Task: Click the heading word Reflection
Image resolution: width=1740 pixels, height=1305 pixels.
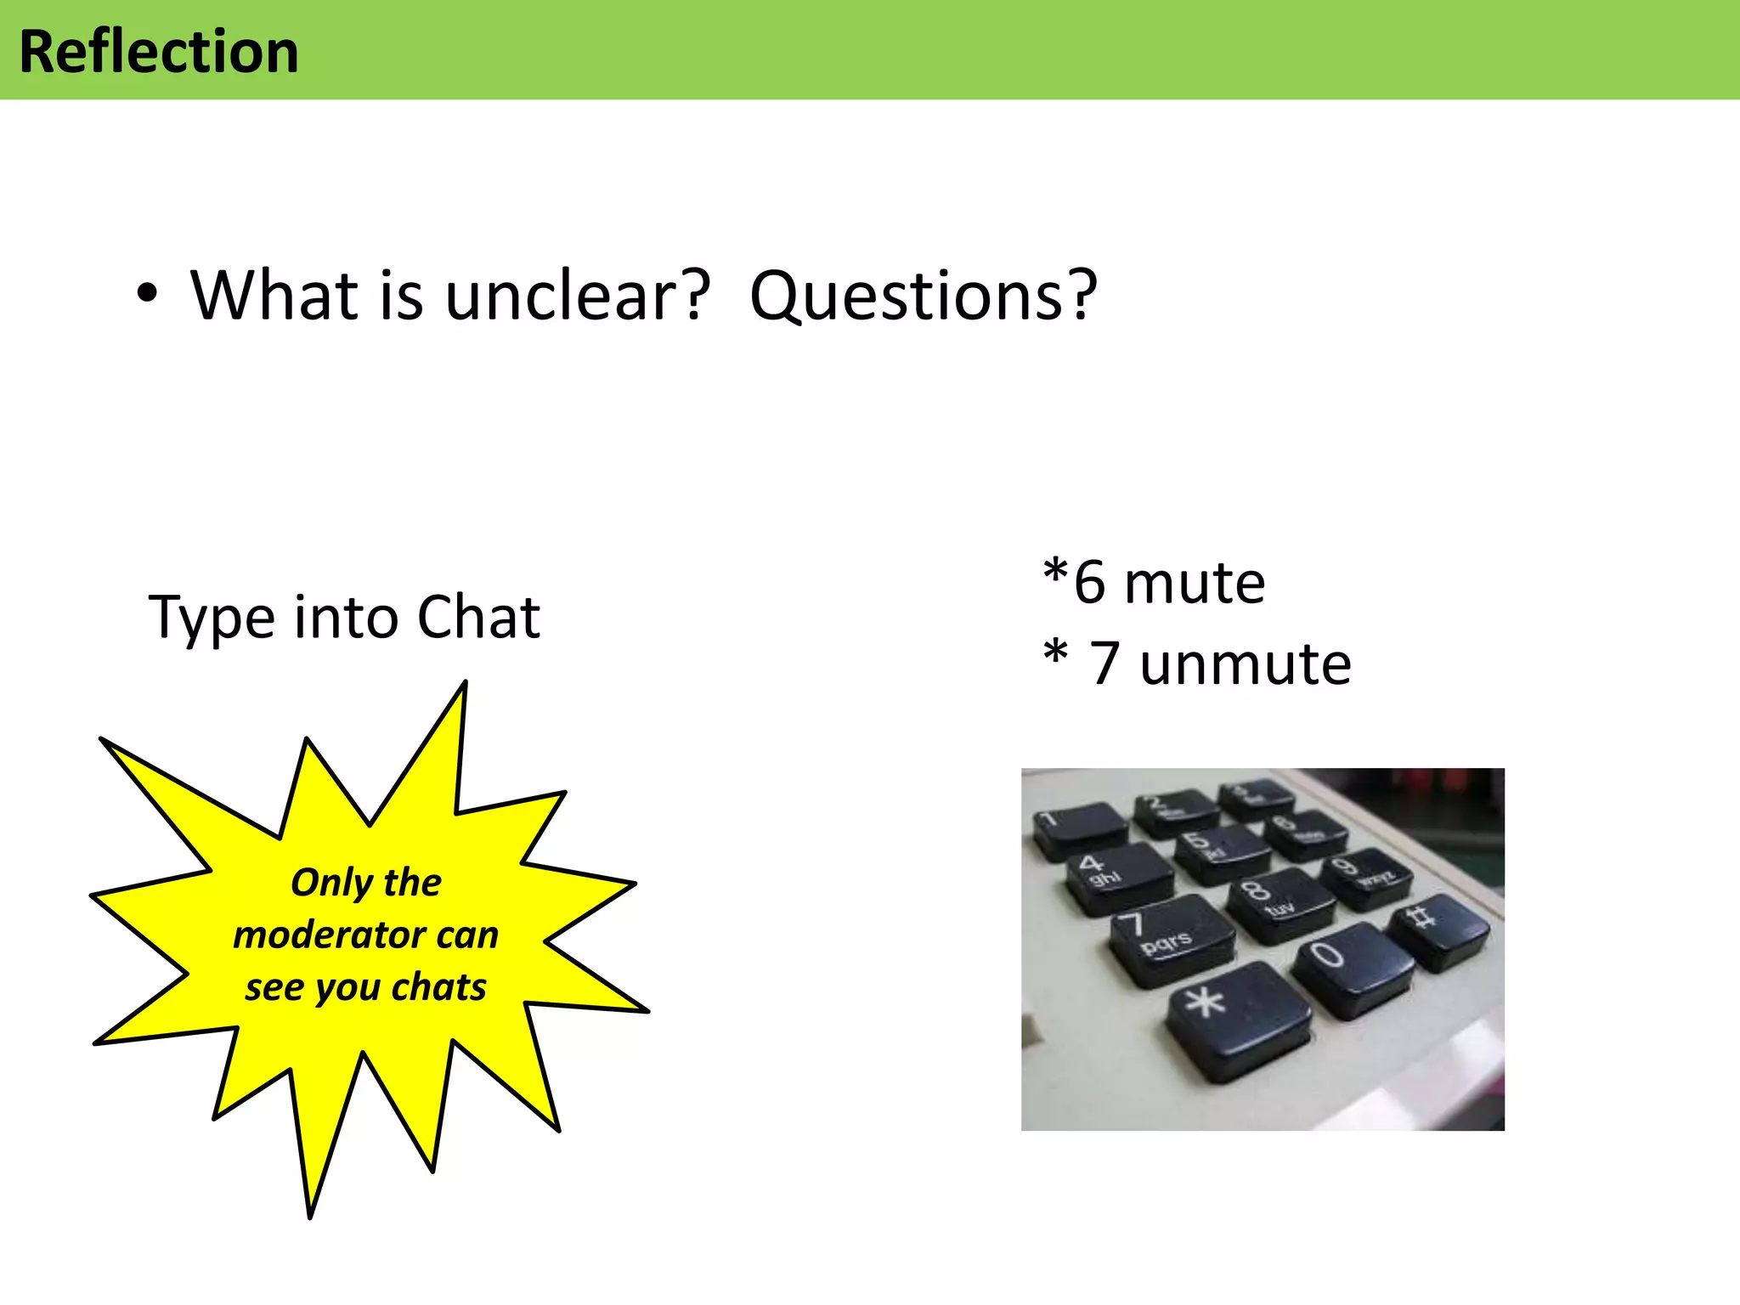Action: [x=159, y=52]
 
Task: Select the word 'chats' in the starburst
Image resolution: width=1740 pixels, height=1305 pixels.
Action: [x=439, y=987]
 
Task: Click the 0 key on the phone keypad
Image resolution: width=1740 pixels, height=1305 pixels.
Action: [x=1351, y=966]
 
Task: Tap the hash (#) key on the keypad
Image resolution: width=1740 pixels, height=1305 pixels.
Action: [x=1438, y=928]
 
